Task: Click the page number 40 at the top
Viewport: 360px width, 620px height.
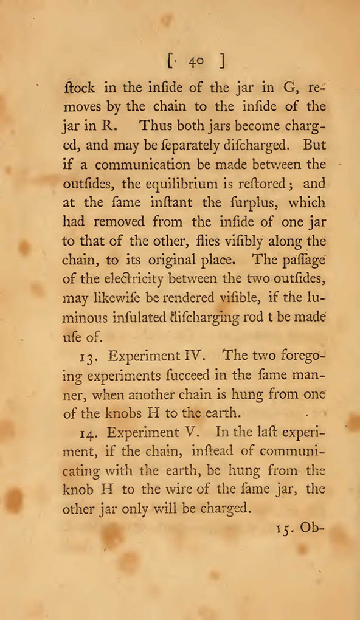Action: point(196,61)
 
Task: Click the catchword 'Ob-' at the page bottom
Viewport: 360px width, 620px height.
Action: point(311,529)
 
